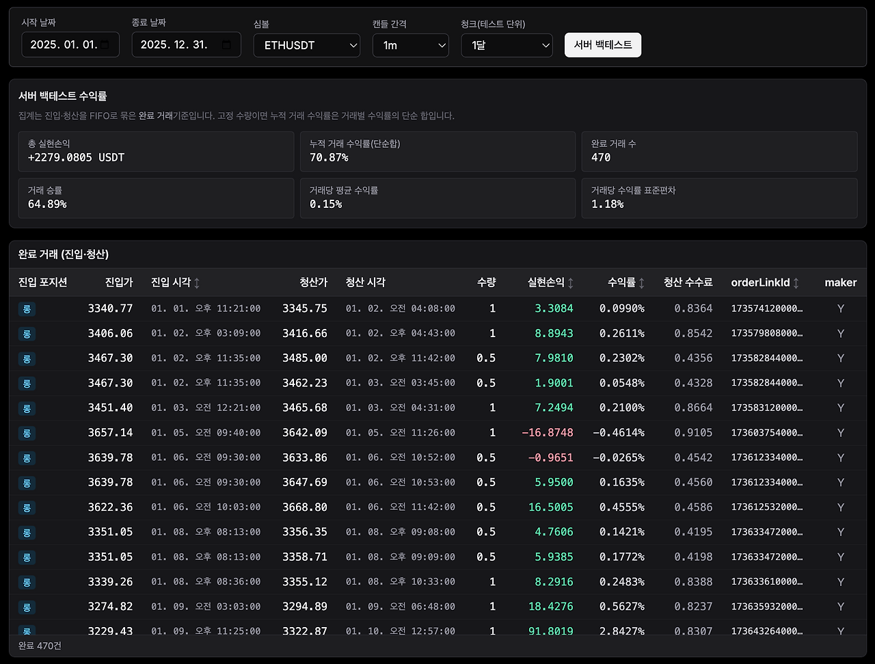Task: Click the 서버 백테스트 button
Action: point(603,45)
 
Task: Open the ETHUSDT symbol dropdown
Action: point(306,45)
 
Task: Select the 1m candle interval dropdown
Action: point(411,45)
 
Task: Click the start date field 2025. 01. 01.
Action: point(70,44)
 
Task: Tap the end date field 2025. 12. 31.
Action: point(186,44)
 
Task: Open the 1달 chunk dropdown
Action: point(507,45)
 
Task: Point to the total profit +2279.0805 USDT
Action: point(76,157)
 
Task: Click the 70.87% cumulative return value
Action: point(329,157)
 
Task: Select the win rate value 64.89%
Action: point(47,204)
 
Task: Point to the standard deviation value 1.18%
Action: point(607,204)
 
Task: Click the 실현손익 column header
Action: point(546,282)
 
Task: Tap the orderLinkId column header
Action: point(760,282)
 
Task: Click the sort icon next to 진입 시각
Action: point(196,282)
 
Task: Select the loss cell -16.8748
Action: point(548,432)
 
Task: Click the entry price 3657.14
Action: point(111,432)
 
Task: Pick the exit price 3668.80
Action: point(305,507)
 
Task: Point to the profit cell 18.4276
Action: point(550,606)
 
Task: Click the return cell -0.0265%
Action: point(619,457)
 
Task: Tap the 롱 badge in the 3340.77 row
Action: point(27,308)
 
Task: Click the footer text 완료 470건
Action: point(40,646)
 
